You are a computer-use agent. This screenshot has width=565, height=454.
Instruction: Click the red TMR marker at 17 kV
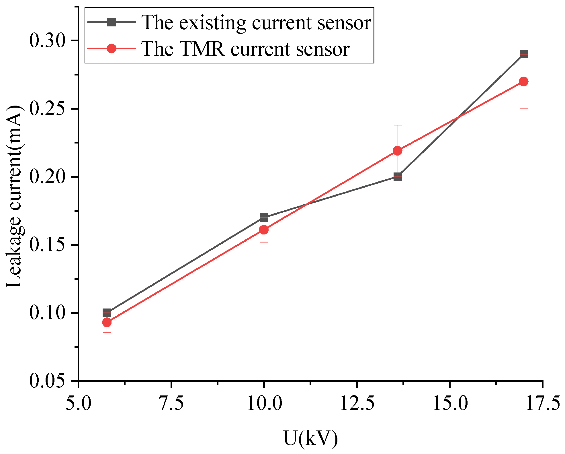(x=524, y=82)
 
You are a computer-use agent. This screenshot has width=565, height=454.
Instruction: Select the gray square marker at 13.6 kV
(x=398, y=176)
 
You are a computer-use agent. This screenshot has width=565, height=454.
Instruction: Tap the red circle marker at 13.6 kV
(x=398, y=151)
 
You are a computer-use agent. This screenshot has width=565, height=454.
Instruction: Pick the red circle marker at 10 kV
(x=264, y=230)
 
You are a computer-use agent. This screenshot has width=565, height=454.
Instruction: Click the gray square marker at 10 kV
(x=264, y=217)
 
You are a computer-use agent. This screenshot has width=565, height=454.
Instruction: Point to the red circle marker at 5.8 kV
(x=107, y=322)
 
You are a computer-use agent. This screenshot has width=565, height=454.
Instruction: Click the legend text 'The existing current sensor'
(x=256, y=22)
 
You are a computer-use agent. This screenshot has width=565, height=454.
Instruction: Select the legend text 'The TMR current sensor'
(x=245, y=49)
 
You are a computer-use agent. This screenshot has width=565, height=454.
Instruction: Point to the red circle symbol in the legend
(x=112, y=48)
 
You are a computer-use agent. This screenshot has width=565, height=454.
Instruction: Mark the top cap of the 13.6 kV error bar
(x=398, y=125)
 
